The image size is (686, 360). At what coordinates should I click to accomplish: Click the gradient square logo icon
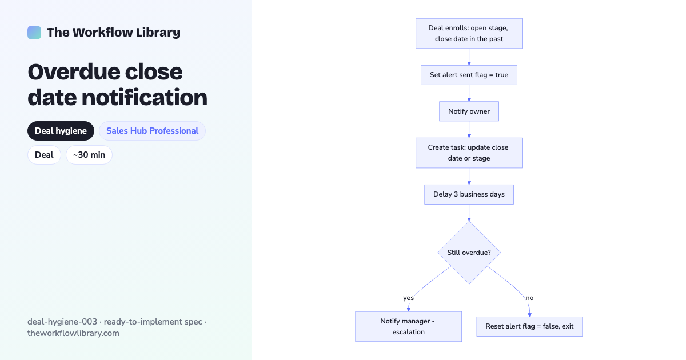(x=34, y=33)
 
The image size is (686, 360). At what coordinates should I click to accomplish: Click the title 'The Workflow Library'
(x=113, y=33)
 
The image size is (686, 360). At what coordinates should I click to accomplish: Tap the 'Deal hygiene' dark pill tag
(x=61, y=131)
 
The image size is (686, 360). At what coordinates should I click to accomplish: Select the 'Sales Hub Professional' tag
(x=152, y=131)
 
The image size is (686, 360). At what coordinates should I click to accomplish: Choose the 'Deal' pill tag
(x=44, y=155)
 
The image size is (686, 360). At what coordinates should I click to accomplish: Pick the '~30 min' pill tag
(x=89, y=155)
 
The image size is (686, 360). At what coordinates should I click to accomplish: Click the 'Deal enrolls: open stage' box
(x=469, y=33)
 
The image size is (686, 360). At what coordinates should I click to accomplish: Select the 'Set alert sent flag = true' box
(x=469, y=75)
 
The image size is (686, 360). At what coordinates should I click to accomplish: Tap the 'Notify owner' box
(x=469, y=111)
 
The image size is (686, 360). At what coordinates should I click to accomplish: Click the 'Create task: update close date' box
(x=469, y=153)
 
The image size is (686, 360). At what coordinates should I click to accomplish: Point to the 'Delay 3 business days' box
(x=469, y=194)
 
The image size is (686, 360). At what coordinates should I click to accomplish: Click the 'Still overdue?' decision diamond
(x=469, y=253)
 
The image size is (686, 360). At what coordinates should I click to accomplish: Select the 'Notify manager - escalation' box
(x=408, y=327)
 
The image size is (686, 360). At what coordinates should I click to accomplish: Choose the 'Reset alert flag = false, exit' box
(x=529, y=327)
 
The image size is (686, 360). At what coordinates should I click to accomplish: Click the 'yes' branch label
(x=408, y=298)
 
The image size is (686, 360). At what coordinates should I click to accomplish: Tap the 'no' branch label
(x=529, y=298)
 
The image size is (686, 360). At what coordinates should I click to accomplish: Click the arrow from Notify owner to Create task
(x=469, y=130)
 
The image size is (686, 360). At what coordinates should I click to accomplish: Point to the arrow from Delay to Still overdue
(x=469, y=213)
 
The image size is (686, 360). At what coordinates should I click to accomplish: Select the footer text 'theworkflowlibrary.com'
(x=73, y=333)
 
